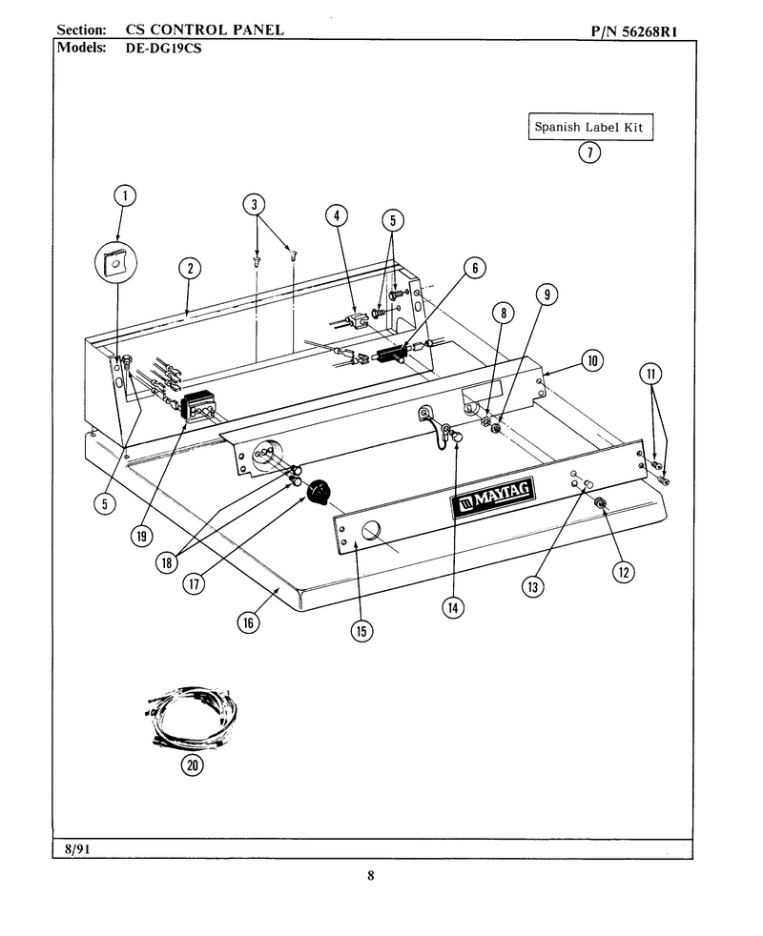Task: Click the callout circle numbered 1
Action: (125, 195)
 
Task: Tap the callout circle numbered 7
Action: (589, 153)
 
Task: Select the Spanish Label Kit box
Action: (590, 127)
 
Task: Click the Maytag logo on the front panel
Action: (493, 497)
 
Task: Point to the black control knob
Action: (319, 492)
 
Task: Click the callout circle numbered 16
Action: (248, 623)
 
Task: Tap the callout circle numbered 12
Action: (623, 573)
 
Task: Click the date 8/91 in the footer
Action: (77, 849)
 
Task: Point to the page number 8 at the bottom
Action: (370, 876)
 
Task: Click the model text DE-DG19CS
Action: (163, 49)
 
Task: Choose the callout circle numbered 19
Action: (141, 536)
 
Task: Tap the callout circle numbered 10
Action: (592, 360)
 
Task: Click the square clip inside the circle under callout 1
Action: (114, 261)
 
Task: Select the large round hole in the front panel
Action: (371, 530)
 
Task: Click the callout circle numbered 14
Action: (453, 608)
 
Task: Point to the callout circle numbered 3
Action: (254, 205)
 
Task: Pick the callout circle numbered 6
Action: (474, 268)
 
